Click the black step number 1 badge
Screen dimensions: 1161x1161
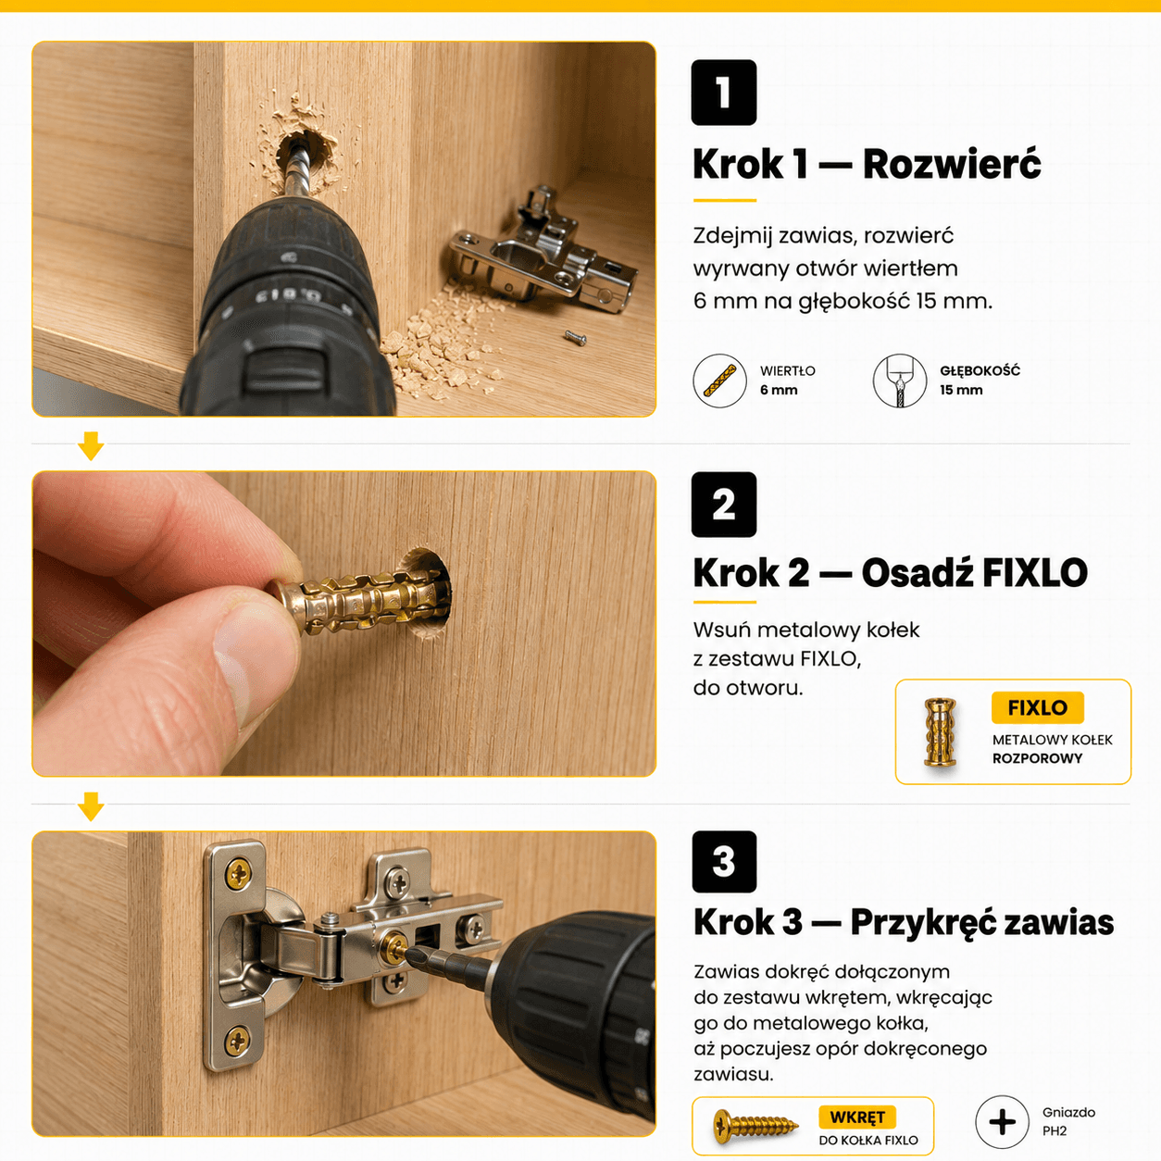tap(724, 93)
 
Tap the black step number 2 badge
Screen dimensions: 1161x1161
tap(724, 505)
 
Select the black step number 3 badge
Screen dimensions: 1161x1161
tap(724, 862)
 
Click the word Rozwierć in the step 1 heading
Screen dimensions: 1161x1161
tap(952, 163)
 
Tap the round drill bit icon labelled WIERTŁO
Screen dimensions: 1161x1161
tap(719, 381)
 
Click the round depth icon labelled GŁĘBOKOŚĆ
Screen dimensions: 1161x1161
tap(900, 381)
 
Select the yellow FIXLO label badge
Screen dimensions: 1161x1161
tap(1038, 707)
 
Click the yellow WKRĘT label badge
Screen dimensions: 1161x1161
tap(856, 1117)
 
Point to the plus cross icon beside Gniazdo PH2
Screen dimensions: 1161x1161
tap(1002, 1122)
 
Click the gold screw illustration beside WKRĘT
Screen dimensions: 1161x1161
tap(755, 1124)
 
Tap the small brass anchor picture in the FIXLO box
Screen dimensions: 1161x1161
tap(940, 731)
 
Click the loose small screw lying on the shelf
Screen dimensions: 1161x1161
tap(575, 339)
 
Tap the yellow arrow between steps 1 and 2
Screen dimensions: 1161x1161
tap(91, 446)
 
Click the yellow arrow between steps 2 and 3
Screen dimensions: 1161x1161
tap(91, 806)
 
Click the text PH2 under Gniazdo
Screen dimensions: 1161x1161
tap(1055, 1130)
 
